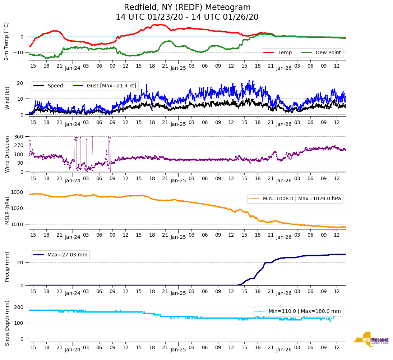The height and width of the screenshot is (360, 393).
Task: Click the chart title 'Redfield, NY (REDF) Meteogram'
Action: [x=187, y=7]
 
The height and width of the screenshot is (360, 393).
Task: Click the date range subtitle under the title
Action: [x=187, y=17]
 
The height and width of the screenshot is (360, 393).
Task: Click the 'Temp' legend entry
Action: [x=282, y=53]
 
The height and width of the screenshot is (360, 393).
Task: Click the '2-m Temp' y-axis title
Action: [x=6, y=41]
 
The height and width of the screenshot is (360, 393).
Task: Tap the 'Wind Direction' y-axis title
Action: [x=7, y=154]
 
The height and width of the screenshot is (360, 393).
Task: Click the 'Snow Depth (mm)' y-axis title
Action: [x=7, y=323]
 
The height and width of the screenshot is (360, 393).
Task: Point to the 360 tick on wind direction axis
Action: [x=19, y=137]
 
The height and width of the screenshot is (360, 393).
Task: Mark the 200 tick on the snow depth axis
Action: [x=19, y=307]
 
